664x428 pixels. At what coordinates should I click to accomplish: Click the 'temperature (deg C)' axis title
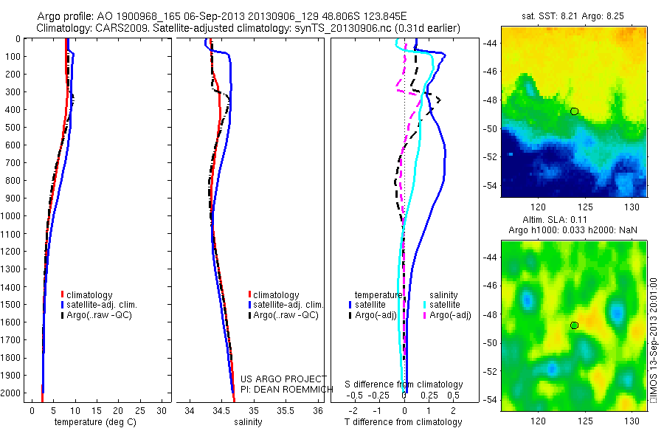tap(92, 422)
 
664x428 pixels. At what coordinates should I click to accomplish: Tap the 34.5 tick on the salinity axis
tap(222, 410)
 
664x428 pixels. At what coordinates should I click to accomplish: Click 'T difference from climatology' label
tap(405, 422)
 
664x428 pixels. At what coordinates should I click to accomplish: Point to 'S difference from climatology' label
tap(404, 384)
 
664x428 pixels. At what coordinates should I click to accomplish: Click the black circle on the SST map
tap(574, 111)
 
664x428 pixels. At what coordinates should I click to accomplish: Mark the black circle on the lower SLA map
tap(574, 325)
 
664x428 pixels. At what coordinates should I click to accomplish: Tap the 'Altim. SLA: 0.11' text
tap(574, 221)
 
